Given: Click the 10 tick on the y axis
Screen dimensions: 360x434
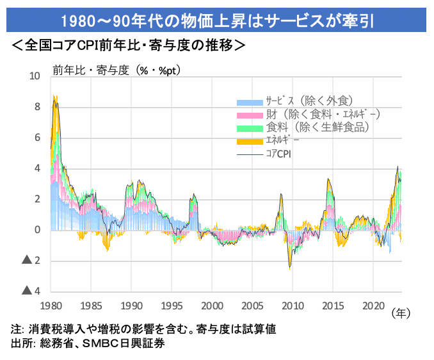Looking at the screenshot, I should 35,76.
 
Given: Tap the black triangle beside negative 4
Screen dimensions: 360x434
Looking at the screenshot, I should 27,290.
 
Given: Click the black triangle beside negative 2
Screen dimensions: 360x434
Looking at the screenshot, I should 27,260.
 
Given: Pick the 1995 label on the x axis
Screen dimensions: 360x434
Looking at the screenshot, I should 172,304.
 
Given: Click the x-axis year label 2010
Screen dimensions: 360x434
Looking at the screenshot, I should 293,304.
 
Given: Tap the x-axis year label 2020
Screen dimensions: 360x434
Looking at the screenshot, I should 373,304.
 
